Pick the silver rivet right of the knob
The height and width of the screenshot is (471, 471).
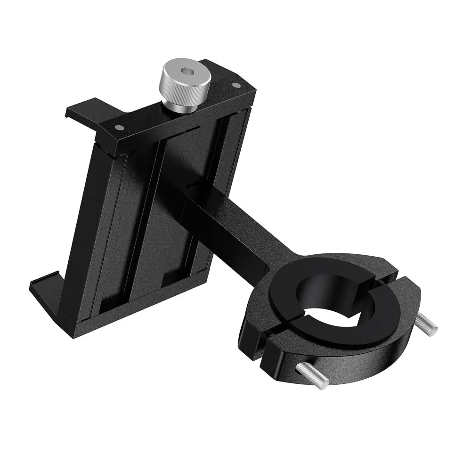tap(236, 85)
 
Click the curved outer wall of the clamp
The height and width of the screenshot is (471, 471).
tap(358, 358)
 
